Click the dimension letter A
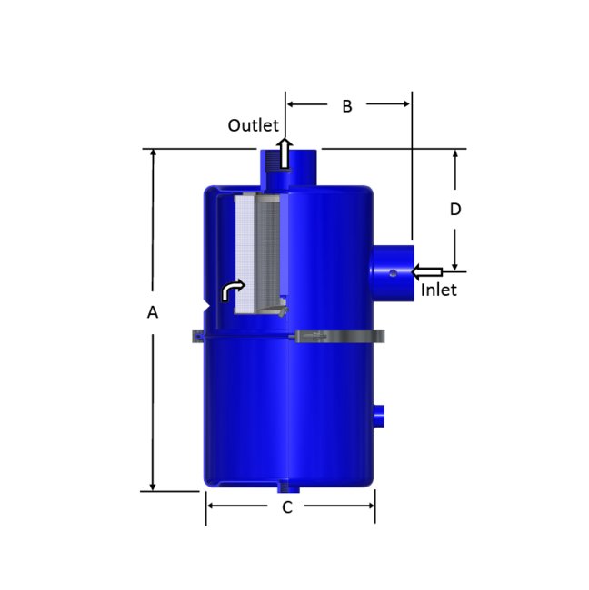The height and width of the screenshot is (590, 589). (153, 312)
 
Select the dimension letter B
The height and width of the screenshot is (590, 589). (346, 105)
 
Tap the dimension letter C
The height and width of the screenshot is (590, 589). (286, 507)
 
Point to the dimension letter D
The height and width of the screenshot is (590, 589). (455, 209)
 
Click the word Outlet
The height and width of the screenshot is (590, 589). (253, 125)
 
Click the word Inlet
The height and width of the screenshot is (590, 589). (439, 290)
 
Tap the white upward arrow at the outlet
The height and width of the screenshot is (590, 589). (285, 153)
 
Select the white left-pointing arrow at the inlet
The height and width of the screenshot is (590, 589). (427, 270)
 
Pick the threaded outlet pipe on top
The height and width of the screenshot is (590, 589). (284, 167)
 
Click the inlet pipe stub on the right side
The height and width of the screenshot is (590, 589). (392, 271)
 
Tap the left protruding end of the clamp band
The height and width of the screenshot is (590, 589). (197, 338)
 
